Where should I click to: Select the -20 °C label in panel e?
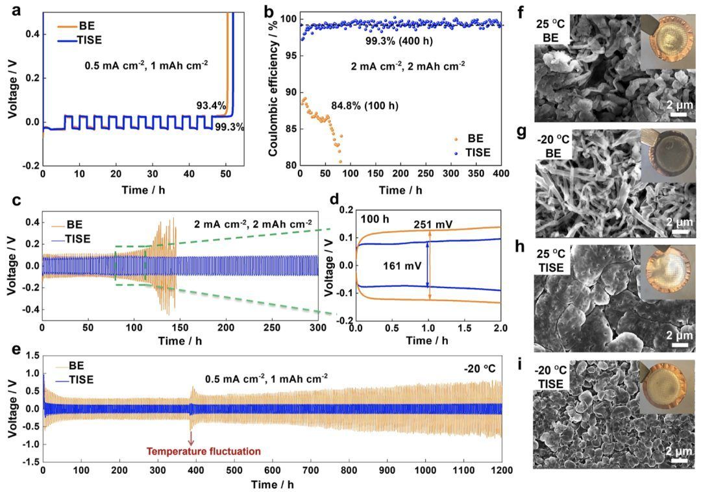480,369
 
